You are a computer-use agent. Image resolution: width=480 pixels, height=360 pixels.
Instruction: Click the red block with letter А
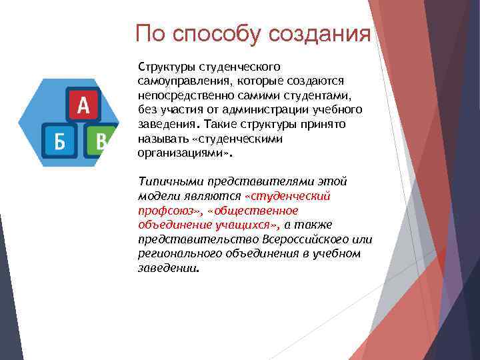coord(83,105)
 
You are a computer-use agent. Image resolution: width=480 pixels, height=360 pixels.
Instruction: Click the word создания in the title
coord(319,34)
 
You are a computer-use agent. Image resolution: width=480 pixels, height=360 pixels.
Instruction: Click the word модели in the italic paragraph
coord(157,196)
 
